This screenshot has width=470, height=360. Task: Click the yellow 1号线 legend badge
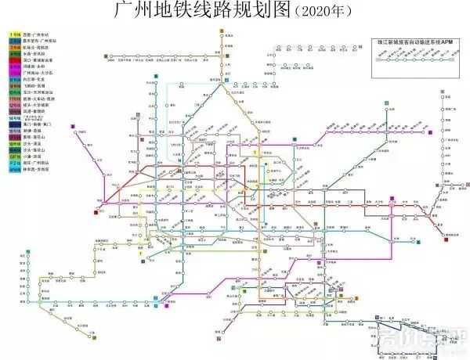(15, 35)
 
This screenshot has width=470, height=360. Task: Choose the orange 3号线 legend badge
(15, 48)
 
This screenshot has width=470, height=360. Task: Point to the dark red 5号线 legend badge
(15, 60)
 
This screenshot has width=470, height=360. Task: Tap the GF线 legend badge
(15, 155)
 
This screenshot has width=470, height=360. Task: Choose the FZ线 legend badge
(15, 161)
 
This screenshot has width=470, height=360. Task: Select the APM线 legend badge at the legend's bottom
(15, 167)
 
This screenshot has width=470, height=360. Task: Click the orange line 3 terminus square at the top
(222, 31)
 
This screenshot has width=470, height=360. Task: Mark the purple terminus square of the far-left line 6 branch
(72, 125)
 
